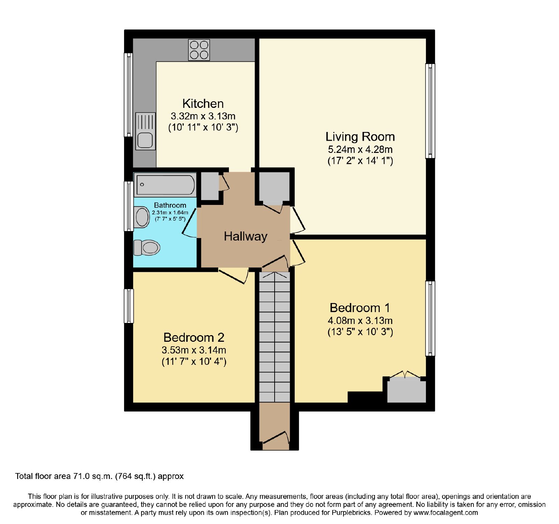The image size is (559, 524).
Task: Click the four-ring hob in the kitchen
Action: coord(199,50)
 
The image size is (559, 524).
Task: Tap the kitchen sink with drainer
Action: coord(145,131)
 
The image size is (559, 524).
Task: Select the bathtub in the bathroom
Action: coord(165,184)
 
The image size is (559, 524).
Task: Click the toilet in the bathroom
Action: coord(147,248)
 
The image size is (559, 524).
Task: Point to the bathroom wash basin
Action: coord(142,217)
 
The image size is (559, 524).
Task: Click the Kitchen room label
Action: coord(203,104)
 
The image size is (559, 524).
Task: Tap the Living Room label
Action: coord(360,136)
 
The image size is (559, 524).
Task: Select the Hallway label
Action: coord(246,236)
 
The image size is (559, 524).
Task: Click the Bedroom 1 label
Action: coord(360,308)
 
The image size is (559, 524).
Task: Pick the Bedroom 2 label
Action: coord(194,337)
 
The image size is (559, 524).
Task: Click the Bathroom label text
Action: coord(170,205)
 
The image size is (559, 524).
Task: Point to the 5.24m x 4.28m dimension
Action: coord(360,149)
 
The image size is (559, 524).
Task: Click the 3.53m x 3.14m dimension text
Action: coord(194,350)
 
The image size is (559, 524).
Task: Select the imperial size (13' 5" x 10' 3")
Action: coord(360,332)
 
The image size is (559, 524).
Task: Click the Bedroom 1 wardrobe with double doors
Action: coord(406,389)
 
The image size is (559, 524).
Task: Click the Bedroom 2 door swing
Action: coord(233,276)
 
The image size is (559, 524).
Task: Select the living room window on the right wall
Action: coord(430,111)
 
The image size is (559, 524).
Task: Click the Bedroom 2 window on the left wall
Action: coord(129,306)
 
